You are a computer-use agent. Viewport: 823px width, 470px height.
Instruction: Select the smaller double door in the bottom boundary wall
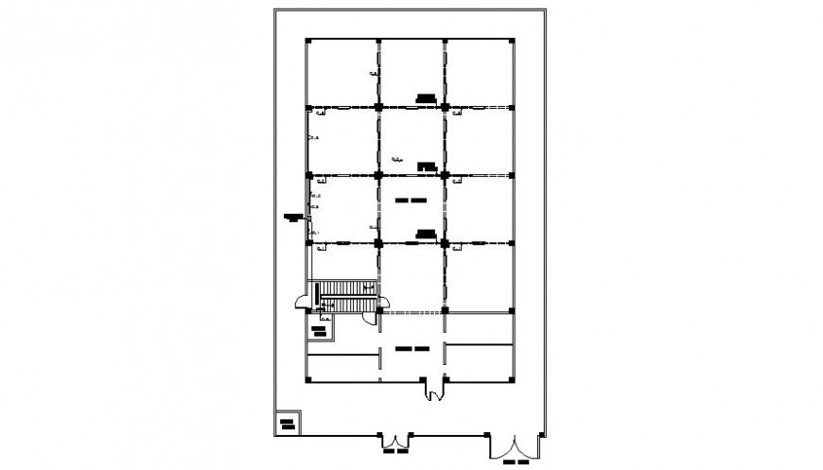pyautogui.click(x=395, y=441)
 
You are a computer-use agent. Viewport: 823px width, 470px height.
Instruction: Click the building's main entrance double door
pyautogui.click(x=434, y=388)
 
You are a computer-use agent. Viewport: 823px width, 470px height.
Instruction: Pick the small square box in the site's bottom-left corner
pyautogui.click(x=287, y=422)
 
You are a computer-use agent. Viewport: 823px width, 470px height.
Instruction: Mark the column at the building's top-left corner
pyautogui.click(x=307, y=40)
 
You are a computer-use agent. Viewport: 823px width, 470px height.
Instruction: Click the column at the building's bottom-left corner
pyautogui.click(x=307, y=380)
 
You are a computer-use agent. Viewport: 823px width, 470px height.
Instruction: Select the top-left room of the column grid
pyautogui.click(x=342, y=74)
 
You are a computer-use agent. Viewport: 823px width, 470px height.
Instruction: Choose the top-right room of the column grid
pyautogui.click(x=479, y=74)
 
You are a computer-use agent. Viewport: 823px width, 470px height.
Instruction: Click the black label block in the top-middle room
pyautogui.click(x=426, y=97)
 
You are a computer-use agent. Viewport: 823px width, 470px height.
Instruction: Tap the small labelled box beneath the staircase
pyautogui.click(x=324, y=330)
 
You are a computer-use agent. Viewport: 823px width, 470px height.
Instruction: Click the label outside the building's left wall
pyautogui.click(x=292, y=218)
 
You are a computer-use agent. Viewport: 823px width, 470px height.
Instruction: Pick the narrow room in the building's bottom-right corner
pyautogui.click(x=479, y=362)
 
